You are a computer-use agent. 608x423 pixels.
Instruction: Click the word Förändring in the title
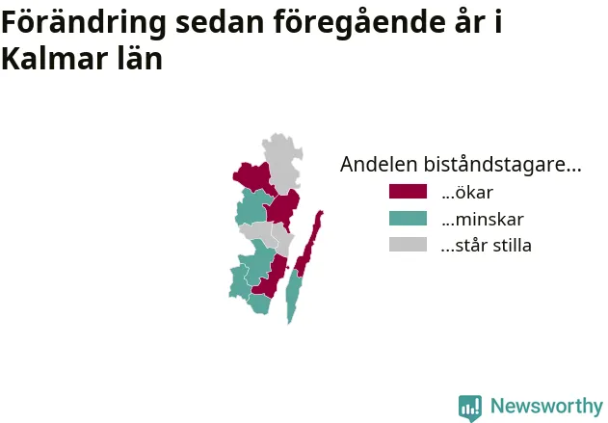84,22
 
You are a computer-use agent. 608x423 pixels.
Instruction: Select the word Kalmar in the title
55,59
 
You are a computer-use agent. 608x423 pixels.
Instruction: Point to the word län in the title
140,59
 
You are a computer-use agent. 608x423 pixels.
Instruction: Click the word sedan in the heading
221,22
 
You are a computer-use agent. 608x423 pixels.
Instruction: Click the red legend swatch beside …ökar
408,192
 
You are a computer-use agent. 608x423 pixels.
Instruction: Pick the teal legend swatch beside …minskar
408,219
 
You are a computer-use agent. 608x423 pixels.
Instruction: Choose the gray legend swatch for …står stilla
408,245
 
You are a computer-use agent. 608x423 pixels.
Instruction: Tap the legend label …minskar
483,220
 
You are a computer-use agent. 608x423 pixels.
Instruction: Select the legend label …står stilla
487,246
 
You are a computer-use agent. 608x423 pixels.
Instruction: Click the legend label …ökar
467,193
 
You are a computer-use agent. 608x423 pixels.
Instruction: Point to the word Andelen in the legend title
379,164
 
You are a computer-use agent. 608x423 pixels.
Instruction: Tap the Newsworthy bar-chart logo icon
470,408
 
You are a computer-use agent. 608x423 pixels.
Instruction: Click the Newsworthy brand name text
546,407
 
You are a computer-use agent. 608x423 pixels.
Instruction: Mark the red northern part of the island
309,244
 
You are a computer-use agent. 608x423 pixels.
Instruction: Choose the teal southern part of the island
293,295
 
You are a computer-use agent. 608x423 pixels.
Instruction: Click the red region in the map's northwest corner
254,177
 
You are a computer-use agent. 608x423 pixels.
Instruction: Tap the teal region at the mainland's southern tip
259,304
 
